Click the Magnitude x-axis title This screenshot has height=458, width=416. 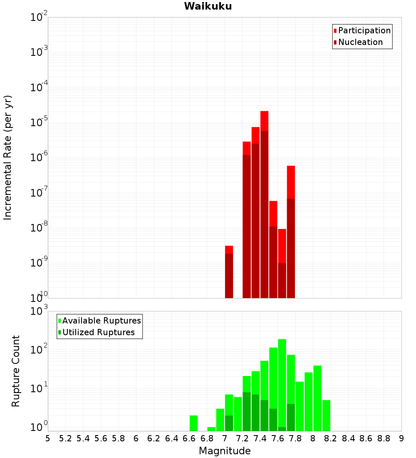tap(225, 451)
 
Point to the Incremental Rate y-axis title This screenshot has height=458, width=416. tap(8, 157)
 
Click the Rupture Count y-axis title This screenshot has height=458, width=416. tap(16, 371)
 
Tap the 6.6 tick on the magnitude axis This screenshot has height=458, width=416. tap(189, 438)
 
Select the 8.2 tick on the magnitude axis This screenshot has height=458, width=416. tap(331, 438)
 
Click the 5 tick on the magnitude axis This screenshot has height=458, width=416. tap(48, 438)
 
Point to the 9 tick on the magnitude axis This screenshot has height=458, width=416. tap(401, 438)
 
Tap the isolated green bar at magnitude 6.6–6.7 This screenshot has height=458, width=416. tap(193, 423)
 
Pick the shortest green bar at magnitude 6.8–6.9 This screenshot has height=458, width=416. tap(211, 429)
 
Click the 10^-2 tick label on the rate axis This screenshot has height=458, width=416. tap(39, 17)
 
